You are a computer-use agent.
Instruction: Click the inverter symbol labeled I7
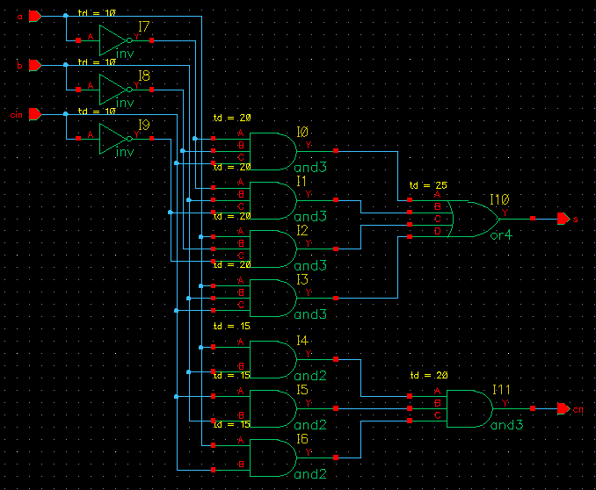pyautogui.click(x=114, y=40)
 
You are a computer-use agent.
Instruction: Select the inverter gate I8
pyautogui.click(x=114, y=90)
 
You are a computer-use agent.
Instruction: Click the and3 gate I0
pyautogui.click(x=272, y=151)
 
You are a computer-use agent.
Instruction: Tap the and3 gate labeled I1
pyautogui.click(x=272, y=200)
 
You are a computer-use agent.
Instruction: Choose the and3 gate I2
pyautogui.click(x=272, y=249)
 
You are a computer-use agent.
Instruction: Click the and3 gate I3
pyautogui.click(x=272, y=299)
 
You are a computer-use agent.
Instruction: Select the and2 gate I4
pyautogui.click(x=272, y=359)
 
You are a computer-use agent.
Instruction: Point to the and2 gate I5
pyautogui.click(x=272, y=408)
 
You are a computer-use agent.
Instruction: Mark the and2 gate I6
pyautogui.click(x=272, y=458)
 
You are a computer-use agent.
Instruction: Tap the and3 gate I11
pyautogui.click(x=469, y=408)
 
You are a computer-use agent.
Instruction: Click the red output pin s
pyautogui.click(x=563, y=219)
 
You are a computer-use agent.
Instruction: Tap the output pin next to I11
pyautogui.click(x=563, y=408)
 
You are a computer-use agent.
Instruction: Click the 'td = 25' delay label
pyautogui.click(x=429, y=186)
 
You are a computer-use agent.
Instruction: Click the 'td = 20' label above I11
pyautogui.click(x=429, y=375)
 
